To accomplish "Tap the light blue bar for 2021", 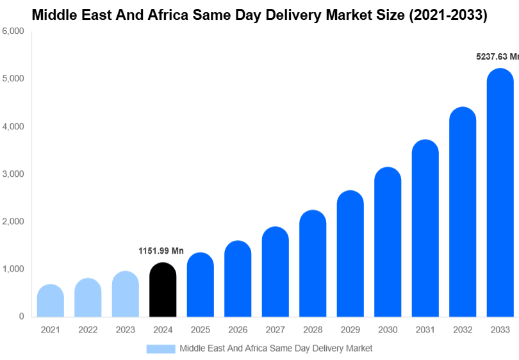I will coord(51,301).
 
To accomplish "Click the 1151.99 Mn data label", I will coord(161,251).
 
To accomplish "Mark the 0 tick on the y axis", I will coord(21,316).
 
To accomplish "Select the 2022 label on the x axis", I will coord(88,330).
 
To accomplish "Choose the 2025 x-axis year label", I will coord(200,330).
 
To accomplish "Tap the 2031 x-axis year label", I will coord(425,330).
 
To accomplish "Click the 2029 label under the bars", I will coord(350,330).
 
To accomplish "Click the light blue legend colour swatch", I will coord(160,348).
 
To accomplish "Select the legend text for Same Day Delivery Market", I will coord(276,348).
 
